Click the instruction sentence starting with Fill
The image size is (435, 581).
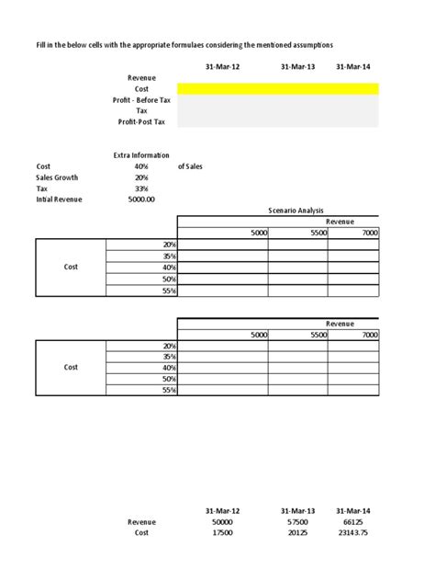click(184, 44)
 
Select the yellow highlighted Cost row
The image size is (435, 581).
click(277, 88)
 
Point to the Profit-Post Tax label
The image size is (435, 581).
click(141, 121)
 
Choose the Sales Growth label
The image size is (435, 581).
click(57, 177)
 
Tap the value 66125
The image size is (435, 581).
click(354, 521)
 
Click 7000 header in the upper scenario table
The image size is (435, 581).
click(370, 234)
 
